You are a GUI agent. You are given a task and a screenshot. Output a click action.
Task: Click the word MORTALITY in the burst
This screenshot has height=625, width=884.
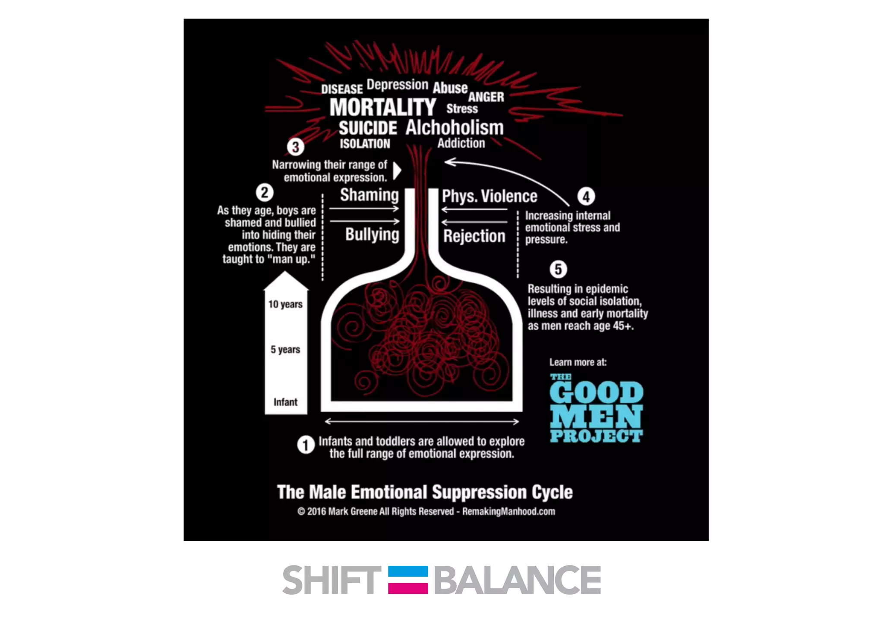[x=382, y=108]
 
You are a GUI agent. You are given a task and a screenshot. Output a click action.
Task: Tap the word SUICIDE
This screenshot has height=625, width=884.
[x=368, y=128]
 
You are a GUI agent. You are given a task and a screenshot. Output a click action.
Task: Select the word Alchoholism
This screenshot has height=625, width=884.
[x=455, y=128]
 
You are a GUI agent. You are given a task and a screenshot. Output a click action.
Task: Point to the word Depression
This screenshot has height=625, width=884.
[x=397, y=85]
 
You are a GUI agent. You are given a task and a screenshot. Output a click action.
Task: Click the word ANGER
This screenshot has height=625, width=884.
[x=486, y=97]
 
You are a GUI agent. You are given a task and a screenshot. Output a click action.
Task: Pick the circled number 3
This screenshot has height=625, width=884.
[x=296, y=147]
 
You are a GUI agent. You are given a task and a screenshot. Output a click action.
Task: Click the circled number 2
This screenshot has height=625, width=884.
[x=265, y=193]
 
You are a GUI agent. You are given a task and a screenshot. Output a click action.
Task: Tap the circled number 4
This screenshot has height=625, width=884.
[x=586, y=197]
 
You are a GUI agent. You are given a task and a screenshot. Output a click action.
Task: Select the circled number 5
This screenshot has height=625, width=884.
[x=558, y=269]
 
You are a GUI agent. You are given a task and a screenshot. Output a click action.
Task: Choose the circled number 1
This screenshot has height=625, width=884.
[x=306, y=445]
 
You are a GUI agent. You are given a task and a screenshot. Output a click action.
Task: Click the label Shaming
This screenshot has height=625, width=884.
[x=369, y=195]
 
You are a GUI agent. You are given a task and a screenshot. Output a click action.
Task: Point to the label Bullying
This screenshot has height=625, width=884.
[x=372, y=235]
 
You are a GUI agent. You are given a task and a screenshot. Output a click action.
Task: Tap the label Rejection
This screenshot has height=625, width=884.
[x=474, y=236]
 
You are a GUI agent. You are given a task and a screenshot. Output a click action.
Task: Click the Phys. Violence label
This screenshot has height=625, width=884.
[x=489, y=197]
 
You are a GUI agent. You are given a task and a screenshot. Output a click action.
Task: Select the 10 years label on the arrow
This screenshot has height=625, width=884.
[x=285, y=305]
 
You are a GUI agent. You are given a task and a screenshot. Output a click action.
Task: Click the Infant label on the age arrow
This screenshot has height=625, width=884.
[x=285, y=402]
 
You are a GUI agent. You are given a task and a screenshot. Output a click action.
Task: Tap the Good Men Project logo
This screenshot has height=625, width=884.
[x=596, y=409]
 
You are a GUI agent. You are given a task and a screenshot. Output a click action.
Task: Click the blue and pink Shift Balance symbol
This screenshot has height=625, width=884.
[x=408, y=580]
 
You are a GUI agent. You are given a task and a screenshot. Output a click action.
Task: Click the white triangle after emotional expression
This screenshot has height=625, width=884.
[x=397, y=171]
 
